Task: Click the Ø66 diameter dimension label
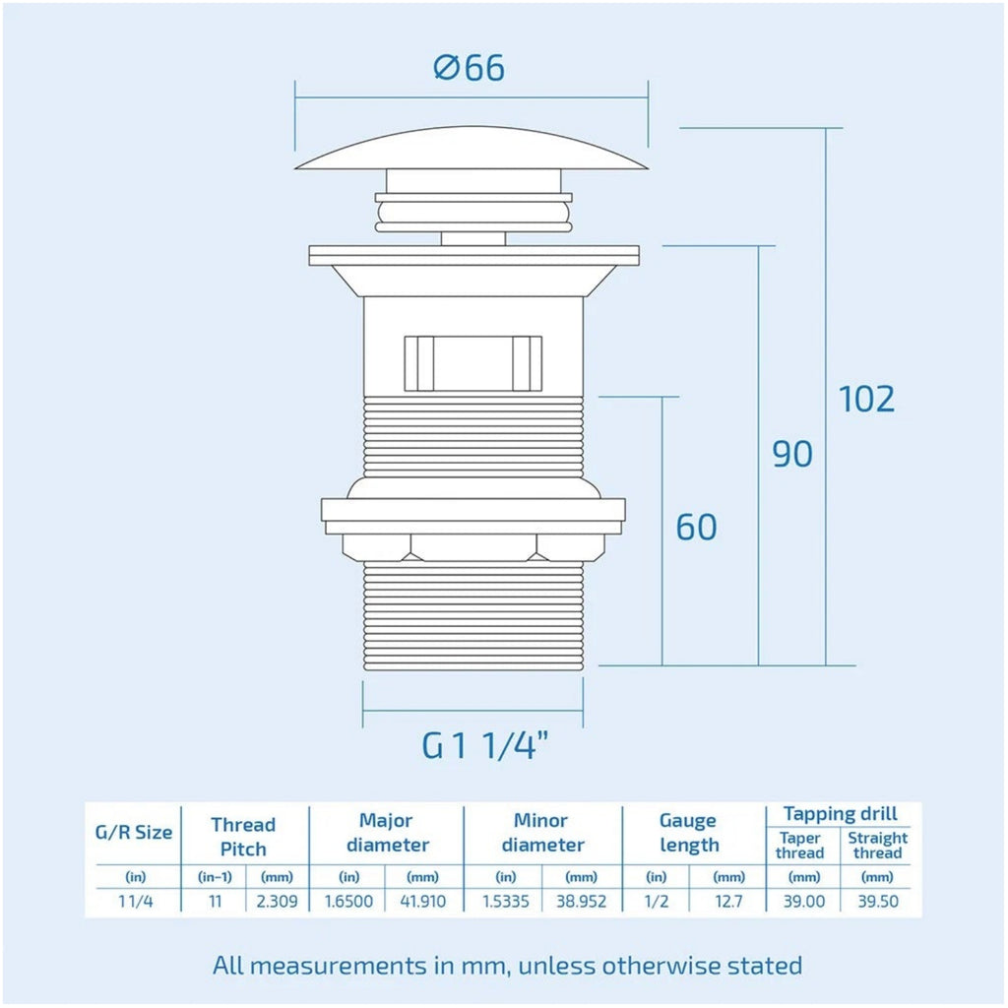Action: point(470,68)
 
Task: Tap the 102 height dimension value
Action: point(866,400)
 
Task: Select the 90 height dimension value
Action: point(792,454)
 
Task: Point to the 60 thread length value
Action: point(696,528)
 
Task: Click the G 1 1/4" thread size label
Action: point(485,746)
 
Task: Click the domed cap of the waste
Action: point(472,149)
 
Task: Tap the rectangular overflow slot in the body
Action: point(473,363)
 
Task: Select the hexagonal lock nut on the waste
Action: point(473,546)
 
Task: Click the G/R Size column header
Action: point(134,833)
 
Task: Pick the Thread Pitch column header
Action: point(243,837)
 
